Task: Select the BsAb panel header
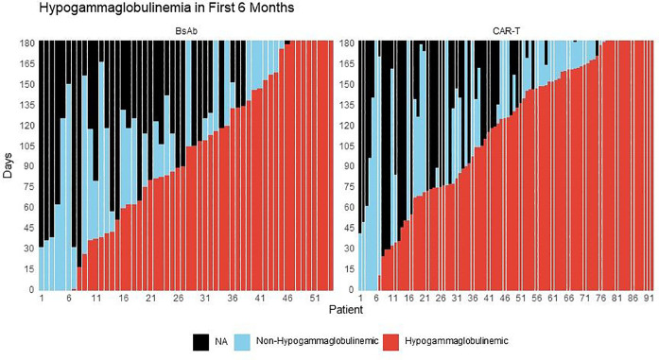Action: [185, 32]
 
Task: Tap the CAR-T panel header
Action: [507, 32]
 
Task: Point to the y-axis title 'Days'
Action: [9, 166]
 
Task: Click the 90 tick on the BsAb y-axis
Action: [28, 166]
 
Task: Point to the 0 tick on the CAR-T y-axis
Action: [352, 290]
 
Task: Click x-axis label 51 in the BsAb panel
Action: [314, 299]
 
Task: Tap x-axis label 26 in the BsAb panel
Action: [178, 299]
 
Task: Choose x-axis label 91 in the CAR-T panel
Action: [650, 299]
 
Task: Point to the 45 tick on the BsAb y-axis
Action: [28, 228]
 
